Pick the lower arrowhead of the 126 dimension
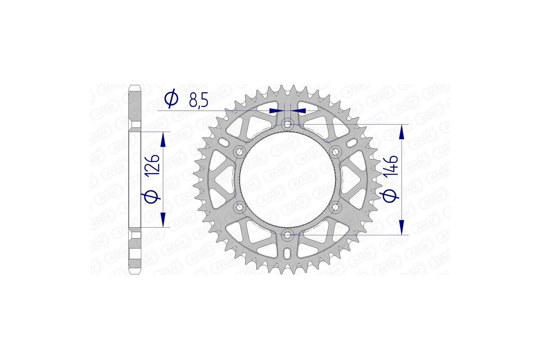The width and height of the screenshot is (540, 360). tap(163, 220)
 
